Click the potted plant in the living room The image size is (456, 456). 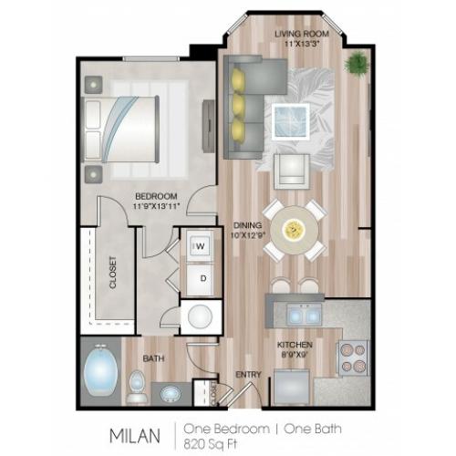coord(357,63)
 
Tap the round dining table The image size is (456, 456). coord(295,230)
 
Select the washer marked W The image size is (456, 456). coord(200,245)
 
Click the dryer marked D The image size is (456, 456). coord(200,279)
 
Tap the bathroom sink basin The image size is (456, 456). coord(170,394)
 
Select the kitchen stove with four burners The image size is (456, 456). coord(352,358)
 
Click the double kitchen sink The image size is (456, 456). coord(305,314)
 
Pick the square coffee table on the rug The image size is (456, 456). coord(291,121)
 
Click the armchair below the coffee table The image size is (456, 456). coord(292,171)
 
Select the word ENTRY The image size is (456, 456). coord(248,375)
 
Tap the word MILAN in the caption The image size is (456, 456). coord(135,436)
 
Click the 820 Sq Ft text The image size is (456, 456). coord(210,444)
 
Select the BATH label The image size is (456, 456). coord(153,358)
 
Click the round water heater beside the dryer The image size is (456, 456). coord(200,316)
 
